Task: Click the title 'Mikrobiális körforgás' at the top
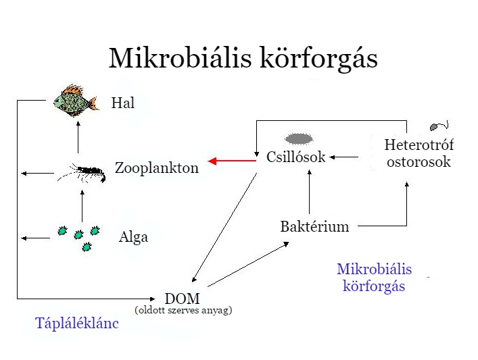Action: [243, 58]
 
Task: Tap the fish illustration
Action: [72, 101]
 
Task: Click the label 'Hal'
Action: [123, 103]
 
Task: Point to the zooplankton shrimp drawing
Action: [82, 174]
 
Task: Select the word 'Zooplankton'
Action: [157, 168]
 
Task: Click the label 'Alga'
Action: [133, 237]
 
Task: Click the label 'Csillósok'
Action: [296, 157]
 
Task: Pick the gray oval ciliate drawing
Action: [298, 139]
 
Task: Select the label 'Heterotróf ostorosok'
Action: [419, 153]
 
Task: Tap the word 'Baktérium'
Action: [314, 227]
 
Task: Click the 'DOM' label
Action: [183, 298]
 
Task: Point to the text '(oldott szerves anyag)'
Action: [183, 311]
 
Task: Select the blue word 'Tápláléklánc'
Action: [77, 324]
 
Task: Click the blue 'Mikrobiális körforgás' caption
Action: [374, 278]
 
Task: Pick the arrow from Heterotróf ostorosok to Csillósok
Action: [345, 157]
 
